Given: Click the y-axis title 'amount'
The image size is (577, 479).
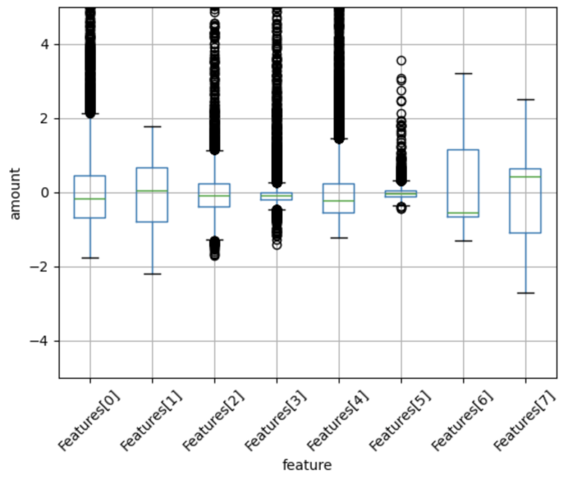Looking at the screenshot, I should pyautogui.click(x=15, y=193).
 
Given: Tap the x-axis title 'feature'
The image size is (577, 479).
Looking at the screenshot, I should pyautogui.click(x=307, y=465).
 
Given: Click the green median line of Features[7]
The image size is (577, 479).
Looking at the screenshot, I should pyautogui.click(x=525, y=177).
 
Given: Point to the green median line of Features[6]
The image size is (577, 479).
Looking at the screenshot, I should pyautogui.click(x=463, y=213).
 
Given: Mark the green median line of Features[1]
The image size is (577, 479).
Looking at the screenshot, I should pyautogui.click(x=152, y=191).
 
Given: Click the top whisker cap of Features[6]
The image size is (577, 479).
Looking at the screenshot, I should pyautogui.click(x=463, y=73).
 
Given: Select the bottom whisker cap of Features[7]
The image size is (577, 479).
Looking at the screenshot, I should pyautogui.click(x=525, y=293).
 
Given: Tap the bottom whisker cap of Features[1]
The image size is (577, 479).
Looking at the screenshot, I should pyautogui.click(x=152, y=274).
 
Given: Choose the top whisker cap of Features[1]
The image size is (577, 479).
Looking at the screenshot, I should pyautogui.click(x=152, y=127).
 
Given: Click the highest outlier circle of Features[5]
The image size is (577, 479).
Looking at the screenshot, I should pyautogui.click(x=401, y=61).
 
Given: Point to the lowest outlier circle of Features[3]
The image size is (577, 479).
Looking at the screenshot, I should pyautogui.click(x=277, y=245).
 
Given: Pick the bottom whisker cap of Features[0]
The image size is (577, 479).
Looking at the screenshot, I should pyautogui.click(x=90, y=258).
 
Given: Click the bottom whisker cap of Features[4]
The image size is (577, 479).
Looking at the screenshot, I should pyautogui.click(x=339, y=238).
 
